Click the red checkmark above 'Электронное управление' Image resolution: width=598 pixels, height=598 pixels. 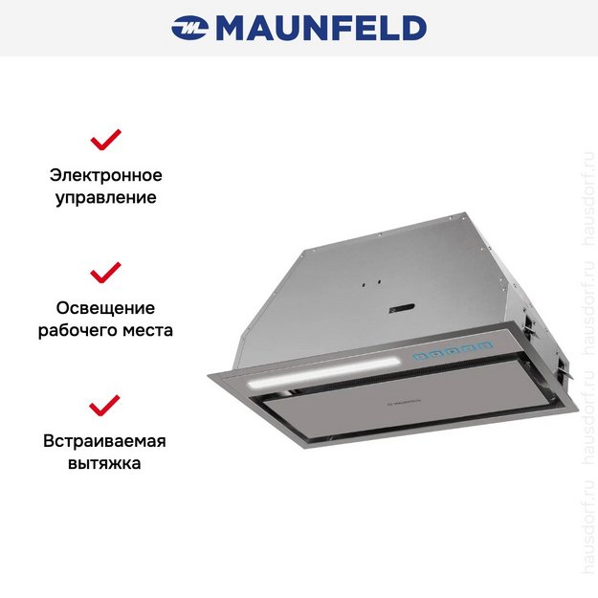click(105, 140)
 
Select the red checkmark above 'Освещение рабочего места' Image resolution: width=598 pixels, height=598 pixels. click(105, 272)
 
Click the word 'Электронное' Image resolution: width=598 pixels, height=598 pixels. click(105, 176)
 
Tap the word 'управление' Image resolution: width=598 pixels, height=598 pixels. click(105, 199)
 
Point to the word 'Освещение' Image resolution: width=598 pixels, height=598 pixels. click(105, 308)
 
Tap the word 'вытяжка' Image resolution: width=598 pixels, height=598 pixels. click(105, 464)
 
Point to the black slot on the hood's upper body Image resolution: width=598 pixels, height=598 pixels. click(400, 310)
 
